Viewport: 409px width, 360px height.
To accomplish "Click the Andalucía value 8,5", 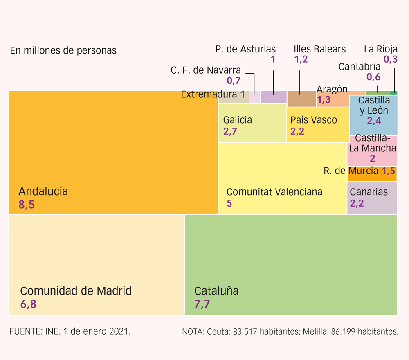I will [x=27, y=205].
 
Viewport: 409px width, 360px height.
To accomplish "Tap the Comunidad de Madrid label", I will [x=76, y=291].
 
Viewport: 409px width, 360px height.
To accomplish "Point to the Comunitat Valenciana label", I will [x=274, y=191].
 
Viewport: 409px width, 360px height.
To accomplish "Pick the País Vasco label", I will [x=313, y=120].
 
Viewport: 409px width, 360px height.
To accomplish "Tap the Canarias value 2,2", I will [x=357, y=203].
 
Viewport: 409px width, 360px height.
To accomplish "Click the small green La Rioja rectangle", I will [x=393, y=93].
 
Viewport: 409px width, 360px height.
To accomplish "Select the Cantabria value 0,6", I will [x=373, y=76].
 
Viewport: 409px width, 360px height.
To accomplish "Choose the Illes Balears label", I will [x=319, y=49].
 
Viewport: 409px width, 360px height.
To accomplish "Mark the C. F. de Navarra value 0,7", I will [x=234, y=81].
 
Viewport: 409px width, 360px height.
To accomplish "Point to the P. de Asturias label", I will [x=245, y=49].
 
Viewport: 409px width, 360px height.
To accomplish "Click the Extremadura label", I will [x=209, y=94].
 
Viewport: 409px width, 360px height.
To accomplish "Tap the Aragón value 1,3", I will [x=324, y=100].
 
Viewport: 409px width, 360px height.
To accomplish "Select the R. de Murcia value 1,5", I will [x=389, y=171].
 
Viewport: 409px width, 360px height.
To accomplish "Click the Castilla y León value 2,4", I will [x=373, y=121].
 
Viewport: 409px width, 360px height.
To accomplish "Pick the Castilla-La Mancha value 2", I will [x=372, y=159].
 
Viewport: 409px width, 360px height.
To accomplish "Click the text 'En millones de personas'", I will [x=63, y=50].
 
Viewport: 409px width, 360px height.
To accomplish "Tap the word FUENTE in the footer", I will [x=24, y=331].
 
